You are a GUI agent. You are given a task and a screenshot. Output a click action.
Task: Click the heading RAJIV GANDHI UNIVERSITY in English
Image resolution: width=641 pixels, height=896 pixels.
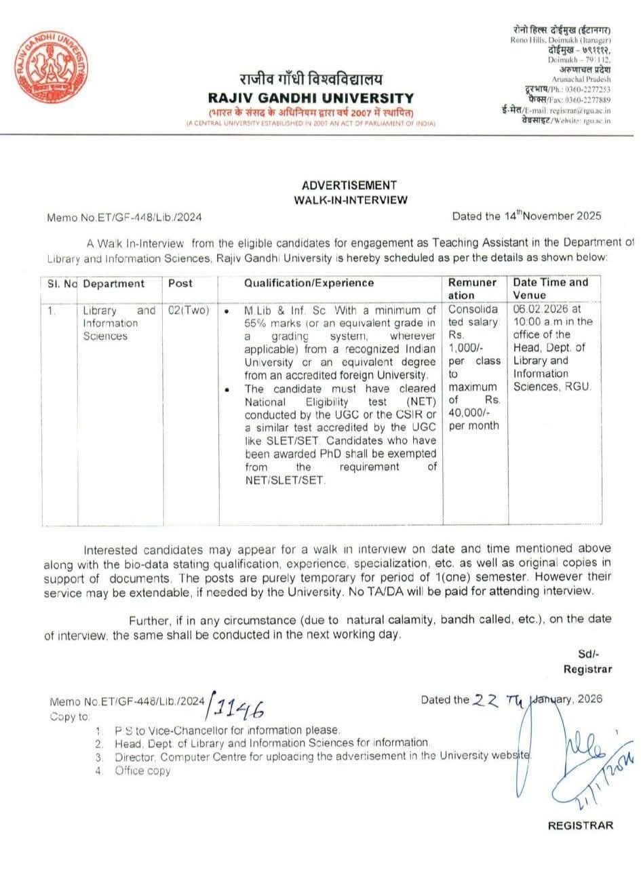coord(311,98)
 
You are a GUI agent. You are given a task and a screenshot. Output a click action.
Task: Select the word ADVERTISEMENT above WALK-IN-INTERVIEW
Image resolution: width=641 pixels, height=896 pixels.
coord(349,185)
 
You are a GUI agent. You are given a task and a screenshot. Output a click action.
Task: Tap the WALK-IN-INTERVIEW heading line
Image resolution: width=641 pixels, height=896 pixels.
coord(351,200)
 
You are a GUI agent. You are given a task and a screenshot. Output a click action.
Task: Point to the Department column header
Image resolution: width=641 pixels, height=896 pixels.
coord(113,284)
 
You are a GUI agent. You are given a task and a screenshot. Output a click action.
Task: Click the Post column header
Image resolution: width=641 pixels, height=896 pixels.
coord(180,284)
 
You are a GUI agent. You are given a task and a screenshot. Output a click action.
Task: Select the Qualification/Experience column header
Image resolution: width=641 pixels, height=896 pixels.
coord(309,284)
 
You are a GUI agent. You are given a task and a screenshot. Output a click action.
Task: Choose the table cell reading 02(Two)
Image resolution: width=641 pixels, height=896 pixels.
coord(188,311)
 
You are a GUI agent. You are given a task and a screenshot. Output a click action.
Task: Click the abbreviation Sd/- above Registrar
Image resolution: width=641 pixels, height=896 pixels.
coord(588,654)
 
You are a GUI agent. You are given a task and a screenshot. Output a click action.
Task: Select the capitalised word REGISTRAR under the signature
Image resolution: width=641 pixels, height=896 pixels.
coord(580,825)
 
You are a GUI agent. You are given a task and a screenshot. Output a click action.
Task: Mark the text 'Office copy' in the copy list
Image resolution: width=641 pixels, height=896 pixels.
coord(142,771)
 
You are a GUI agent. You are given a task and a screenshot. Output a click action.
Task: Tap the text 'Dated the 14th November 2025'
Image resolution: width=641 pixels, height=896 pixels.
coord(526,217)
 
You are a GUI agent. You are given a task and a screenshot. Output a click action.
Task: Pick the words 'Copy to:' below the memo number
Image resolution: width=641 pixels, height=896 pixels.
coord(69,716)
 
